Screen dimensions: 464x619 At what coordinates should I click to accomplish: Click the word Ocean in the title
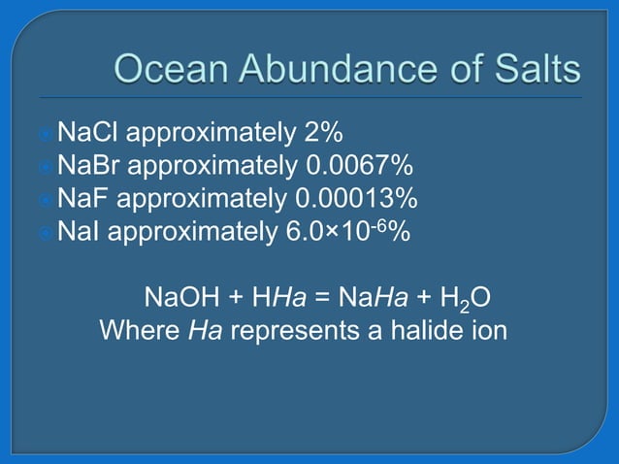tap(170, 69)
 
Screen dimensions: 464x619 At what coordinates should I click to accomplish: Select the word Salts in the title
tap(533, 69)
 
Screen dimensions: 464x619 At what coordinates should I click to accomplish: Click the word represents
tap(292, 330)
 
